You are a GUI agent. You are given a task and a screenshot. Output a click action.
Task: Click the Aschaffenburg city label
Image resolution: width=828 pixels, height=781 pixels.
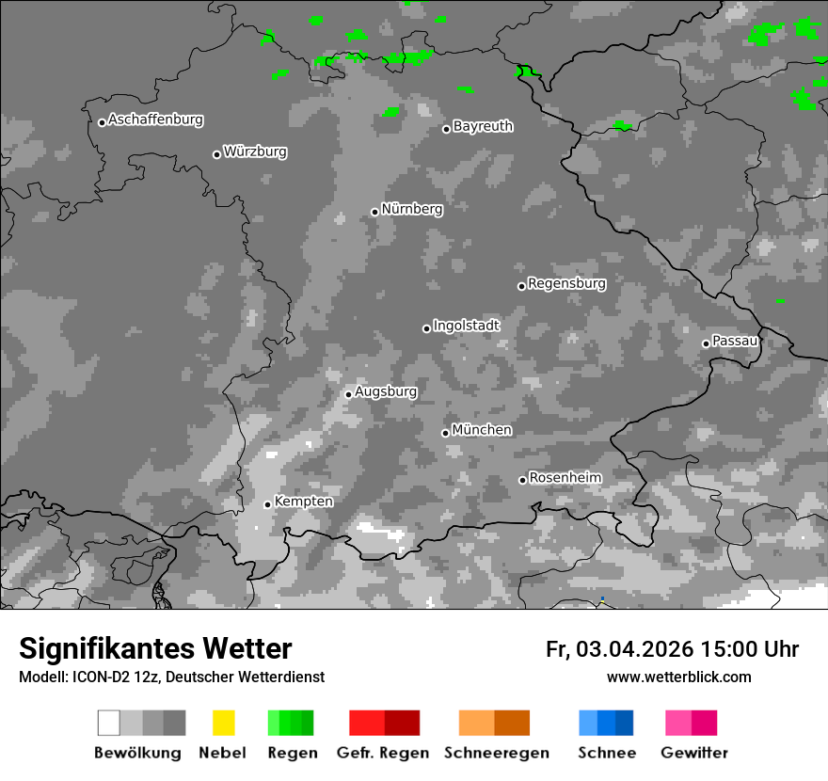155,120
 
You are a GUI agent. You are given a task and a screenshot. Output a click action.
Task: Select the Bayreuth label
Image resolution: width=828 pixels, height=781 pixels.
483,126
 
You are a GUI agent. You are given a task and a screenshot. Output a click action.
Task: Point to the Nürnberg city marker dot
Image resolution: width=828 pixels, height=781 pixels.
374,212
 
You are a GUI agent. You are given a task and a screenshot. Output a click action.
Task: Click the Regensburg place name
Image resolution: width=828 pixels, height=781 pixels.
566,283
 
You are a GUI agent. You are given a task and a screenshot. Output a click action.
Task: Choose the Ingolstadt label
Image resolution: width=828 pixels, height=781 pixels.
467,326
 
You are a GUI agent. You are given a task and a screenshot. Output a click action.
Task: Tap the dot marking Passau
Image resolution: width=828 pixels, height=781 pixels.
706,343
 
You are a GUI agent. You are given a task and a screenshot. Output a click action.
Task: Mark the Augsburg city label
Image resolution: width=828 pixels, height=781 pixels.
386,391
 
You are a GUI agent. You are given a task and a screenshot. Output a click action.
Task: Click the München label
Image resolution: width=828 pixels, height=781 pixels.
482,430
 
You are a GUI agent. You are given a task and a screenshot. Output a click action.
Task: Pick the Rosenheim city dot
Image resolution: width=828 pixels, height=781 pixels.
522,481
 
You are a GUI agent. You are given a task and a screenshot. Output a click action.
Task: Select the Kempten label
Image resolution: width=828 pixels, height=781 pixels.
303,502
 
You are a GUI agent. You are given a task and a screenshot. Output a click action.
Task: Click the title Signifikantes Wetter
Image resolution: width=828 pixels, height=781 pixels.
155,649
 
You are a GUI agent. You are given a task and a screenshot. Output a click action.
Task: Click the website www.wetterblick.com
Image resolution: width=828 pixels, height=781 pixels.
678,677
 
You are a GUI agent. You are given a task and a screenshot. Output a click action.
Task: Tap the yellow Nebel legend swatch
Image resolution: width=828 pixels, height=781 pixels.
223,723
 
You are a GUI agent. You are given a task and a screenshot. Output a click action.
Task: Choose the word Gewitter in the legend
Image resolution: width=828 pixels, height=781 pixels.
693,753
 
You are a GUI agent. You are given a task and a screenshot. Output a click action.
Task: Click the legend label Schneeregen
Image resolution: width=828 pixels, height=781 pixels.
497,753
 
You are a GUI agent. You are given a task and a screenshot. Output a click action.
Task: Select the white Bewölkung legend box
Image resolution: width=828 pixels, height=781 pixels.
109,723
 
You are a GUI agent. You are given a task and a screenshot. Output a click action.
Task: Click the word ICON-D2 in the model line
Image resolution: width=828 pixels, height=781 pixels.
101,677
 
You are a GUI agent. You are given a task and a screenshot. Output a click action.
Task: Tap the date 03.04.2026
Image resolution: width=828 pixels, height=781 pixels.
634,649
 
